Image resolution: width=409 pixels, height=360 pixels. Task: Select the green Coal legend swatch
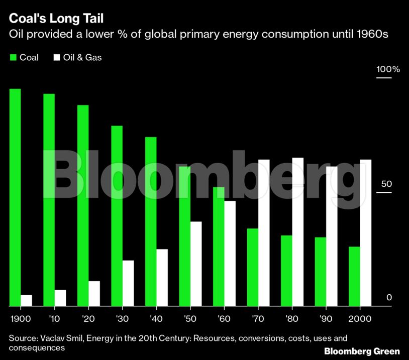13,57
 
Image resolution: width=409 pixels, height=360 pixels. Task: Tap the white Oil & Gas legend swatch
56,57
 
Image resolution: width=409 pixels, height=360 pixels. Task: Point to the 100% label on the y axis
388,69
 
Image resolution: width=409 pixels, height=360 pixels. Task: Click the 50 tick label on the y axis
386,184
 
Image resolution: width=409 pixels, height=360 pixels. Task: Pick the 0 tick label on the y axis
389,298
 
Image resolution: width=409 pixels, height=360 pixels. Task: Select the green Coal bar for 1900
15,197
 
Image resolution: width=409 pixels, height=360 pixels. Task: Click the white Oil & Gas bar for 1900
26,300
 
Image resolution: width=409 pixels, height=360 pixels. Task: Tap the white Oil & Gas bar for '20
94,293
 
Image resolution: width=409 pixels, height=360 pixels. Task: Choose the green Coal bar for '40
151,221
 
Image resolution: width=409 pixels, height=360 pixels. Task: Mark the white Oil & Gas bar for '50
196,264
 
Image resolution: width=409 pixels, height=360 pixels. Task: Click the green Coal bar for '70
253,267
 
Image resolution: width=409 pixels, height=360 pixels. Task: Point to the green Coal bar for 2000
355,276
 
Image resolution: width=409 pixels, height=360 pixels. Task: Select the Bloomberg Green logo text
362,351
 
